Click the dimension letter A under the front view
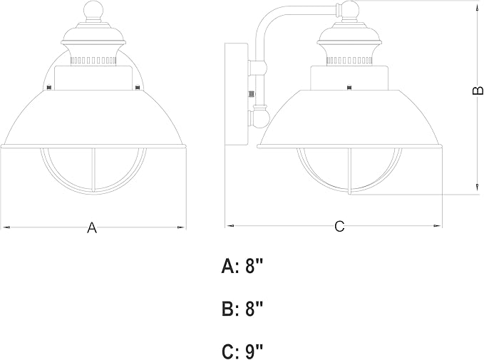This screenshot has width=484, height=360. [92, 227]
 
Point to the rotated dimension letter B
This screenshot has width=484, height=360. [478, 90]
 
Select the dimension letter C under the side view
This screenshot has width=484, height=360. [339, 226]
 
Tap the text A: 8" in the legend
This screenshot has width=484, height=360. [242, 266]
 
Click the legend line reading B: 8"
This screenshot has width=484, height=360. [242, 309]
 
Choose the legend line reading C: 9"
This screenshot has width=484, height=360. [242, 351]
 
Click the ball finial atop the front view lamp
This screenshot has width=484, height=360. [93, 11]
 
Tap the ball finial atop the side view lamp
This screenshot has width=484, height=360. [349, 11]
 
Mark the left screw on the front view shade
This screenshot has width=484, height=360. [48, 88]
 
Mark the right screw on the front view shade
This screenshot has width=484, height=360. [138, 88]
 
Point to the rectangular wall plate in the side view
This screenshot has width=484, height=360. [236, 94]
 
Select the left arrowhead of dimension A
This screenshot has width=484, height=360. [6, 227]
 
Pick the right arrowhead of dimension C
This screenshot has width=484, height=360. [438, 226]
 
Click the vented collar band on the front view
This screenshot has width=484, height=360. [93, 60]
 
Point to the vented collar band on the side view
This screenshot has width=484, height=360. [349, 61]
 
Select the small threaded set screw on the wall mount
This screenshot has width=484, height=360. [252, 93]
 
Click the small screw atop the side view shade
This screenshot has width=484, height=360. [349, 88]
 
